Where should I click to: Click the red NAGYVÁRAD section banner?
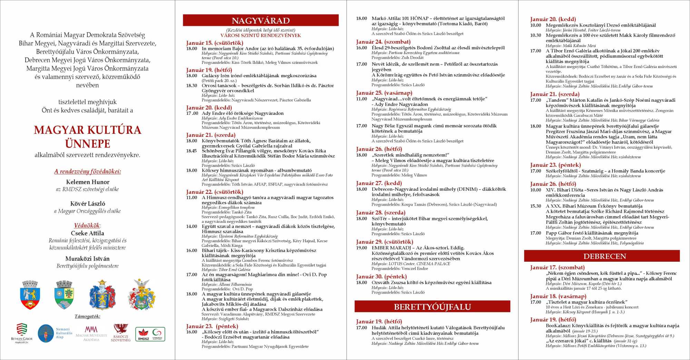click(x=260, y=20)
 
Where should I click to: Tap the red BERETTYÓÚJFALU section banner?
click(x=432, y=307)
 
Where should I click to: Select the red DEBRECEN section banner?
click(x=602, y=256)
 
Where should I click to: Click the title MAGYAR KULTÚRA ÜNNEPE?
click(x=88, y=137)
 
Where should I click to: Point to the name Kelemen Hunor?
click(x=88, y=182)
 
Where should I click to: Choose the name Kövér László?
click(x=88, y=203)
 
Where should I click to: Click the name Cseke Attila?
click(x=88, y=233)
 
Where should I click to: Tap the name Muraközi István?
click(x=88, y=258)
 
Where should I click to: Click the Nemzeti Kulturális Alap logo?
click(x=55, y=333)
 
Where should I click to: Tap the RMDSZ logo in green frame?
click(x=150, y=334)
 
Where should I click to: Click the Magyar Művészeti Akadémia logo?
click(x=91, y=333)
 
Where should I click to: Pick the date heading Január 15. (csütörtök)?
click(x=215, y=43)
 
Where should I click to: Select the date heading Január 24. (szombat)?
click(x=383, y=42)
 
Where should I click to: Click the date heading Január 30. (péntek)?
click(x=381, y=276)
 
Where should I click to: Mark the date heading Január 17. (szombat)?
click(x=557, y=267)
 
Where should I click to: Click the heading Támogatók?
click(x=88, y=316)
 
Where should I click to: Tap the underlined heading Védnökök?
click(x=88, y=225)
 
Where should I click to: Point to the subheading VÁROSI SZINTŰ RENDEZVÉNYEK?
click(x=260, y=35)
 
